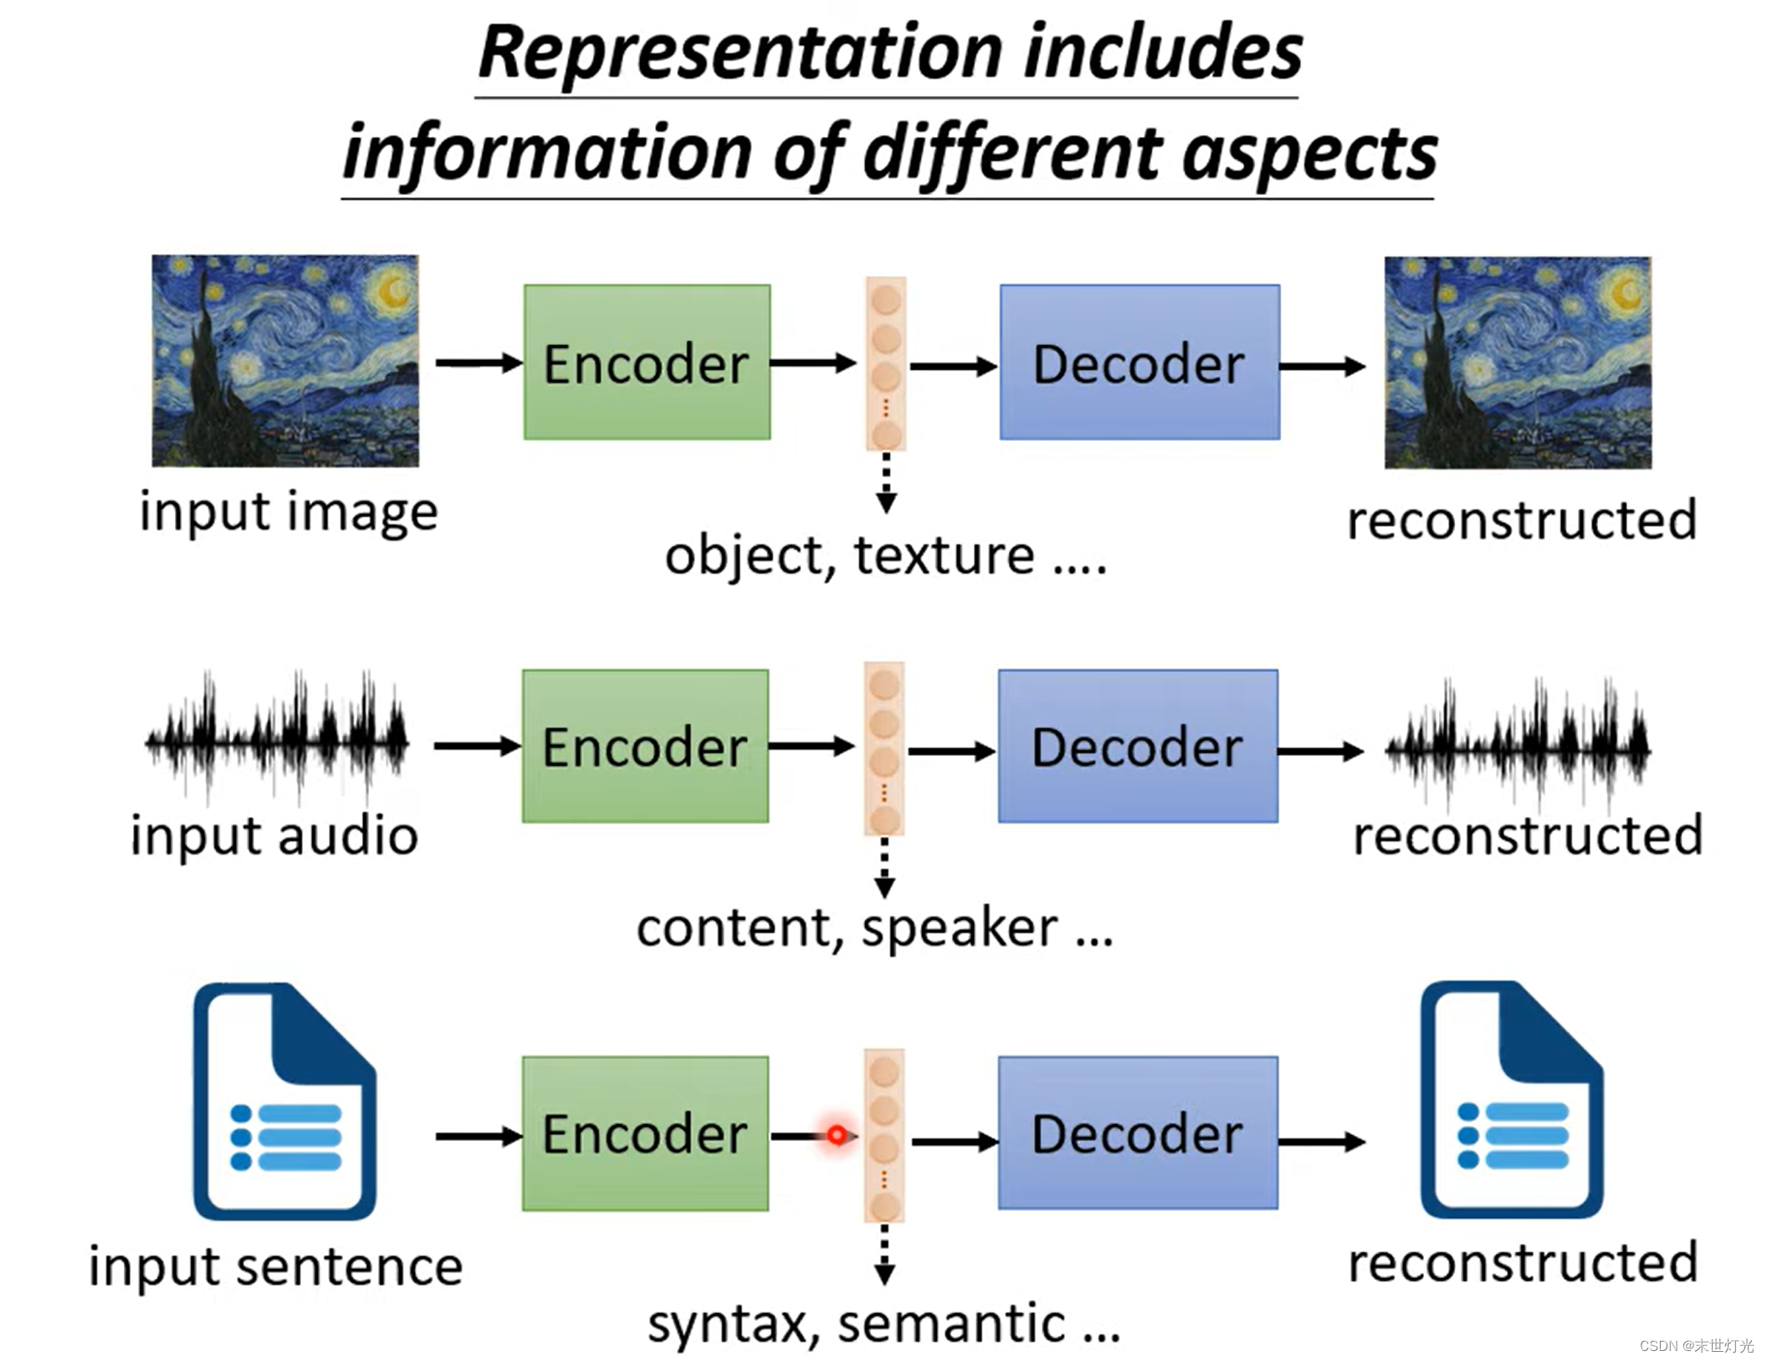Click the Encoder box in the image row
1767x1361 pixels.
[647, 362]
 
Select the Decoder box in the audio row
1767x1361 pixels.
[1138, 746]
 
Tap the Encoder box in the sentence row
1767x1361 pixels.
[645, 1133]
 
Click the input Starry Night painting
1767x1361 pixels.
[285, 361]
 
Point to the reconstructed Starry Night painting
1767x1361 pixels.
[1518, 362]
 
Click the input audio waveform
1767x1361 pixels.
[277, 741]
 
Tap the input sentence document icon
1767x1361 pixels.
[284, 1101]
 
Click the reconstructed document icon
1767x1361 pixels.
[1512, 1099]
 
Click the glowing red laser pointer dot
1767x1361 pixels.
[837, 1135]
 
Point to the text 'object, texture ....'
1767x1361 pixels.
[886, 556]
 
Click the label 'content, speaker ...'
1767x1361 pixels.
[875, 928]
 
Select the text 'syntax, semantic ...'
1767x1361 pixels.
[883, 1324]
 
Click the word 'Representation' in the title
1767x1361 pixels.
[741, 54]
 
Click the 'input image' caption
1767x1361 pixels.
[289, 511]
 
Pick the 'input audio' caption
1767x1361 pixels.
[274, 835]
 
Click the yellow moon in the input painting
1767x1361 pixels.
[391, 290]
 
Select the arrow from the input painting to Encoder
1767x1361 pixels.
[479, 362]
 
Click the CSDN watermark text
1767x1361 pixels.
[1697, 1345]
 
